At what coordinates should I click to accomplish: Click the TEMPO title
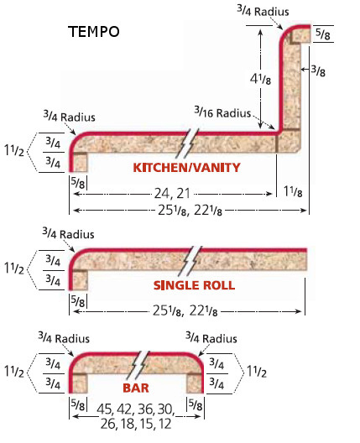[x=94, y=32]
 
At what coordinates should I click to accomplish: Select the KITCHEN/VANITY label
[x=186, y=168]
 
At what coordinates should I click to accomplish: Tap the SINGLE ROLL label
[x=194, y=285]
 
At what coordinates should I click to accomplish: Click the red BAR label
[x=136, y=388]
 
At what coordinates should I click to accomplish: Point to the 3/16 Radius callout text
[x=222, y=112]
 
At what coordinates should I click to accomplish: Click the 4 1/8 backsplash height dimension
[x=260, y=79]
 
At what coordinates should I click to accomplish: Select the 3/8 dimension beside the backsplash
[x=318, y=70]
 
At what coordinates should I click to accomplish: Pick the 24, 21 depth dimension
[x=172, y=194]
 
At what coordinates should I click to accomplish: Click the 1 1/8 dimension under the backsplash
[x=293, y=191]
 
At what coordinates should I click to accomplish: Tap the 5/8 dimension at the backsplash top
[x=322, y=34]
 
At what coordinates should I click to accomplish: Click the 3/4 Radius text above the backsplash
[x=263, y=11]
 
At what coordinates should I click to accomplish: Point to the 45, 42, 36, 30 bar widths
[x=136, y=409]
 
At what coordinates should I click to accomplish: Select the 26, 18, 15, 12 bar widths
[x=136, y=424]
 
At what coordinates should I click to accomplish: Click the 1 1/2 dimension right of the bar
[x=257, y=372]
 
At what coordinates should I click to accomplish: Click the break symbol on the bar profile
[x=138, y=365]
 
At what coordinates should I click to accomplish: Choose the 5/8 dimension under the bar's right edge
[x=196, y=405]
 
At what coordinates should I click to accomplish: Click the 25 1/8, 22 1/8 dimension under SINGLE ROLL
[x=185, y=310]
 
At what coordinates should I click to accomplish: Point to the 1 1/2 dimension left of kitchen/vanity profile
[x=14, y=149]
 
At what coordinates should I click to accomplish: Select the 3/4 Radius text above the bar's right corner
[x=211, y=337]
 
